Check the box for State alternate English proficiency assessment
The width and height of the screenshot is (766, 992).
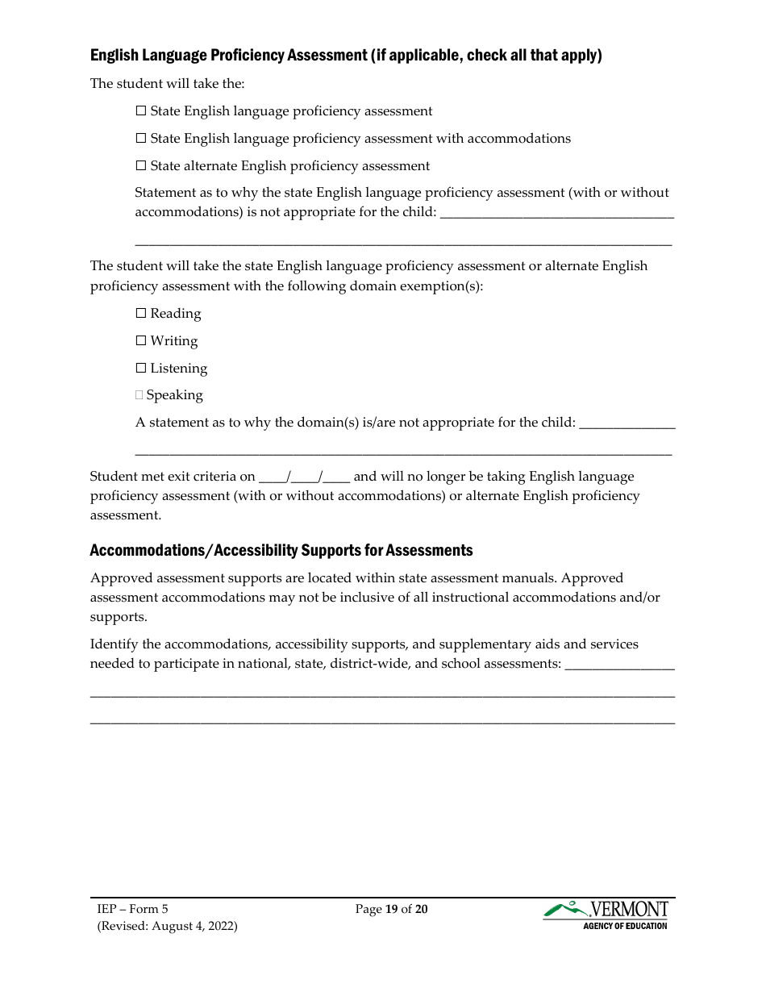click(141, 166)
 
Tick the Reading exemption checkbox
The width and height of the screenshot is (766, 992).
click(141, 314)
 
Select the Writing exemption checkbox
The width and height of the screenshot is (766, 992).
click(141, 341)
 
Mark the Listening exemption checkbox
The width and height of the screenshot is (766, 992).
click(141, 369)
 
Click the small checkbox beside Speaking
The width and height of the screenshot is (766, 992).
click(139, 395)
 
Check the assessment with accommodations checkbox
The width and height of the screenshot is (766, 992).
click(141, 139)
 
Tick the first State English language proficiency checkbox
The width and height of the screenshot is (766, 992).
click(141, 111)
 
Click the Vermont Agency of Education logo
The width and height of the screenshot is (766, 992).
click(606, 915)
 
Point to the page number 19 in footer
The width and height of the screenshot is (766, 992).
click(392, 909)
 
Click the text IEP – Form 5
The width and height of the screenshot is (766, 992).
click(133, 909)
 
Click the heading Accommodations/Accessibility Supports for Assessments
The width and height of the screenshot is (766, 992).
click(281, 551)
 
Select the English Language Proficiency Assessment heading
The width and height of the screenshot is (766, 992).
click(346, 56)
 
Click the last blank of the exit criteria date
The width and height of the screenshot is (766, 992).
click(336, 477)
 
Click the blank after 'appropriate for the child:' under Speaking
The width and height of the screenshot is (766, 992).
click(627, 423)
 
